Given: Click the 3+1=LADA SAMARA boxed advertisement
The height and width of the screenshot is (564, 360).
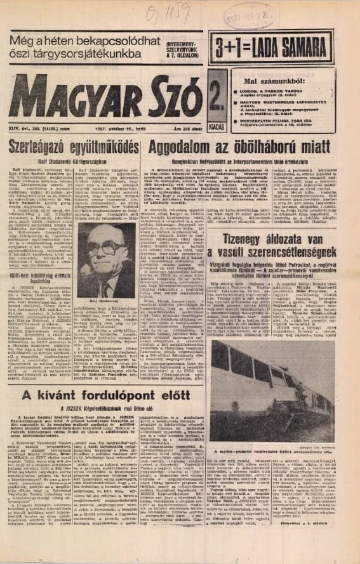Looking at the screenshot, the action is tap(283, 48).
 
